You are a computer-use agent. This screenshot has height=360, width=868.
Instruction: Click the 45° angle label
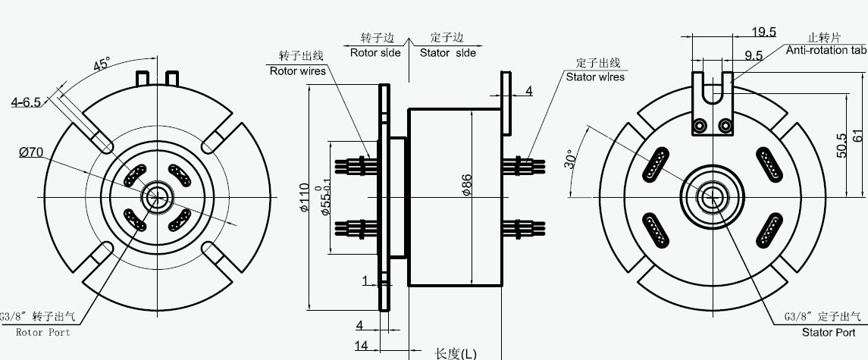(101, 64)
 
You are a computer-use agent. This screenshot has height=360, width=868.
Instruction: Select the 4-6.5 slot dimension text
(26, 102)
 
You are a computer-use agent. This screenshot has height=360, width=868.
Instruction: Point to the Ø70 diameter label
(31, 153)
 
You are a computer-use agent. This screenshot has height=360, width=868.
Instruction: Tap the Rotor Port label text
(43, 332)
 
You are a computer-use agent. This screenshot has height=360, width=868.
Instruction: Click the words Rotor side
(375, 53)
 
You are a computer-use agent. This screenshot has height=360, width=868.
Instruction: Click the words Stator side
(448, 53)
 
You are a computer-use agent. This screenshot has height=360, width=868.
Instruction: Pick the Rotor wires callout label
(298, 71)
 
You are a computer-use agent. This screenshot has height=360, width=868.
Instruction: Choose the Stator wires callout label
(595, 77)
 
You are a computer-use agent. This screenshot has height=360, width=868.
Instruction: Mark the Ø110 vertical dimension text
(304, 197)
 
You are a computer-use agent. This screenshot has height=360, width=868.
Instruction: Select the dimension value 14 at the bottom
(362, 346)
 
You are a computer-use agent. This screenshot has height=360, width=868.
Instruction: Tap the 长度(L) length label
(456, 353)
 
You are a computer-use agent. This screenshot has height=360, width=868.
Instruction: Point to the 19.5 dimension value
(763, 32)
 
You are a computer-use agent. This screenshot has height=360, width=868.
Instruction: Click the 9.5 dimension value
(754, 55)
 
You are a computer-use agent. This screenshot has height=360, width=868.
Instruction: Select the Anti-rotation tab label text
(825, 50)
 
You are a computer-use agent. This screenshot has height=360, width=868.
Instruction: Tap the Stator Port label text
(829, 333)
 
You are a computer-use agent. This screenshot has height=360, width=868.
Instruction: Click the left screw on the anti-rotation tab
(701, 124)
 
